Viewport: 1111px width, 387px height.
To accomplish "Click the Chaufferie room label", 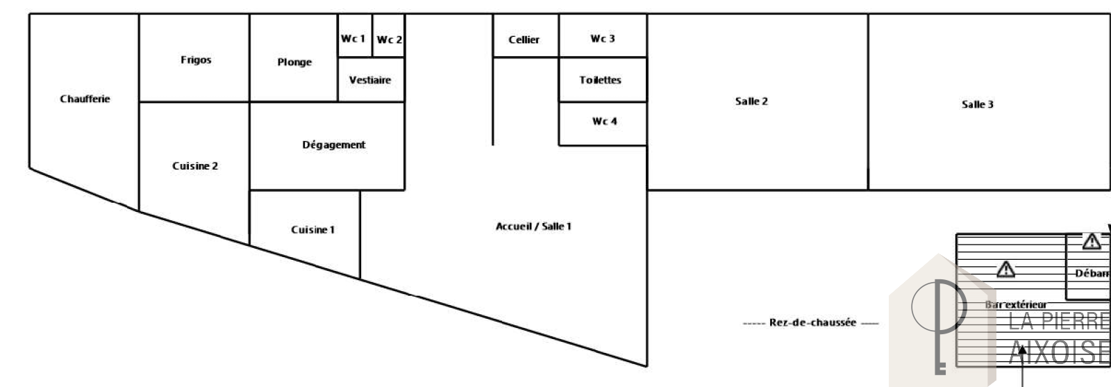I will [x=85, y=99].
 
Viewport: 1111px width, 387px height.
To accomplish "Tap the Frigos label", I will [x=196, y=60].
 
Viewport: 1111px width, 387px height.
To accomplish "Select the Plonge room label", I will [x=294, y=62].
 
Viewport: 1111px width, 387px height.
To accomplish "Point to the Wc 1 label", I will [x=353, y=39].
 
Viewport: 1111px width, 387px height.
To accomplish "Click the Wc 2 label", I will [x=389, y=40].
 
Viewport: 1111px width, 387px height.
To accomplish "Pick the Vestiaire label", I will [x=369, y=80].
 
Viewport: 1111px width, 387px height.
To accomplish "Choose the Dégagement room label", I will [x=333, y=145].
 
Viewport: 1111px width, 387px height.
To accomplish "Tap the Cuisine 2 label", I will [x=195, y=166].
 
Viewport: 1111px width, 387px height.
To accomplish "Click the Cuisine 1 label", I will [x=312, y=229].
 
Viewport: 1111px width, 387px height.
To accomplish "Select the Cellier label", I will [x=524, y=40].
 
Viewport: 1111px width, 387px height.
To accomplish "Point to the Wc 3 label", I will [x=602, y=38].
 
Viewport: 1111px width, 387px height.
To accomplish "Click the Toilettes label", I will [x=600, y=80].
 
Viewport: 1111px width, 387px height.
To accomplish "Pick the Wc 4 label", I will [x=604, y=121].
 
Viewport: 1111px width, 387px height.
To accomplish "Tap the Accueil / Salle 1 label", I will [x=533, y=227].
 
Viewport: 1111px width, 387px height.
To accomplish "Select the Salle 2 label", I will [x=751, y=101].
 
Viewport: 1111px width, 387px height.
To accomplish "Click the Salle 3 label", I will [x=977, y=104].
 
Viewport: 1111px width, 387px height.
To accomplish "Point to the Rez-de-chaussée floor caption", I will [x=810, y=323].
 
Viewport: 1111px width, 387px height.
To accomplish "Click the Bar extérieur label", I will [x=1015, y=304].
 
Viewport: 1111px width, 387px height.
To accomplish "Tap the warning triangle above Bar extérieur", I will [x=1005, y=268].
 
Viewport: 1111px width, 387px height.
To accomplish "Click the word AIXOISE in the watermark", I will [x=1059, y=352].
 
